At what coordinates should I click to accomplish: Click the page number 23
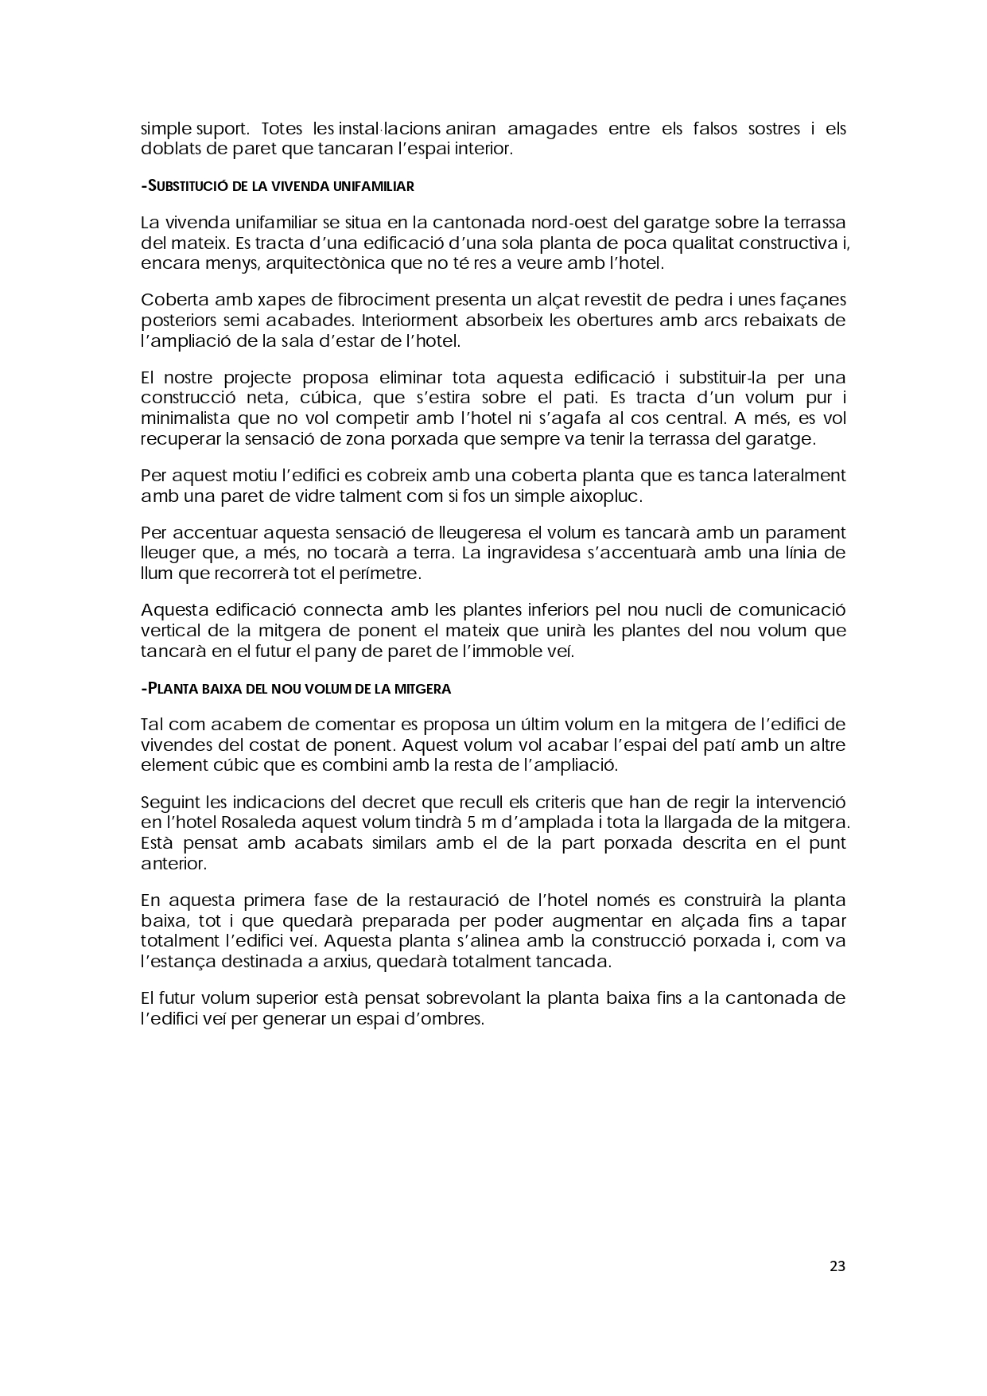(x=837, y=1266)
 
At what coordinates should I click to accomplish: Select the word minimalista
(x=185, y=418)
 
